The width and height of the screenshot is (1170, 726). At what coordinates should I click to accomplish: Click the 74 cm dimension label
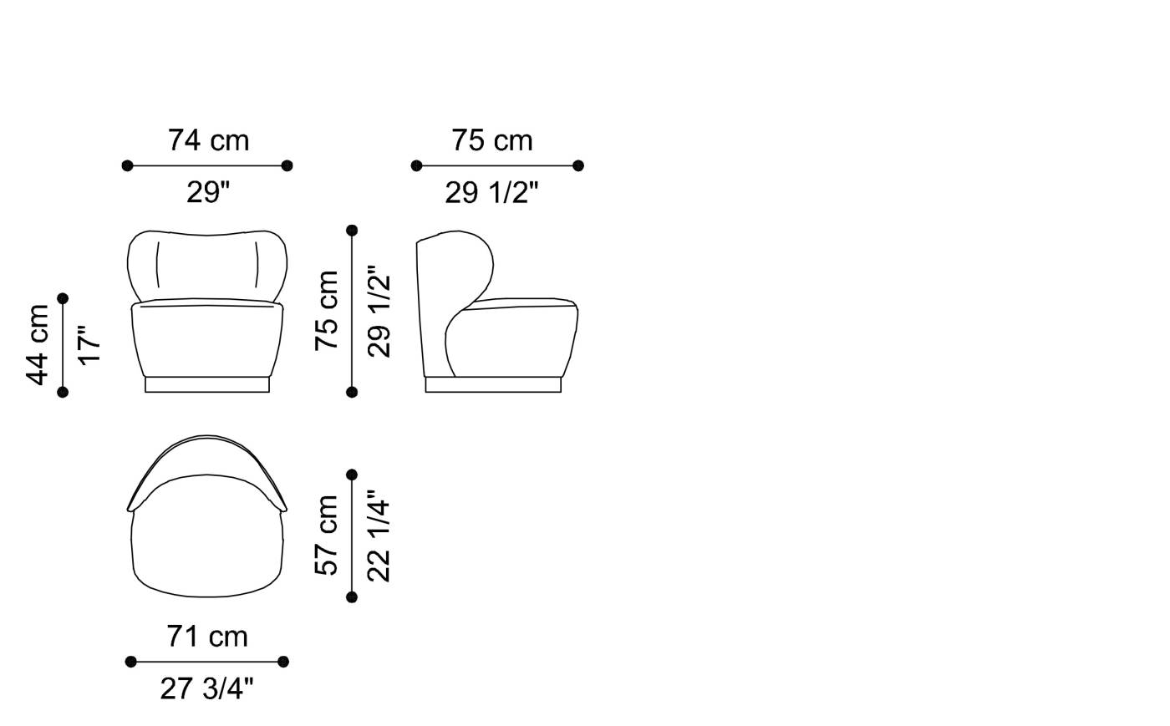[208, 140]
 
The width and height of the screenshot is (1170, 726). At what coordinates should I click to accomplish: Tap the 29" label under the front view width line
[208, 192]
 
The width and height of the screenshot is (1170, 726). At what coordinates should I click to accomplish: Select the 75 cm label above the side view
[492, 140]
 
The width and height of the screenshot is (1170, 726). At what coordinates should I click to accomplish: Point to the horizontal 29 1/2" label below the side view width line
[491, 192]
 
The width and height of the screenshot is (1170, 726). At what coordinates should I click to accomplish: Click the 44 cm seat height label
[37, 345]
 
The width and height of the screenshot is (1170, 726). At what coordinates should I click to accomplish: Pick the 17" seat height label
[89, 345]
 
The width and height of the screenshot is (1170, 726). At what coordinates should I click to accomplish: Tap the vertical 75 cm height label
[327, 311]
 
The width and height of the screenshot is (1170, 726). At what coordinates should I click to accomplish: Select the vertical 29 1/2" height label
[379, 312]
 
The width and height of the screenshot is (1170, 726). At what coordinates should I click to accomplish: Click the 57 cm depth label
[327, 536]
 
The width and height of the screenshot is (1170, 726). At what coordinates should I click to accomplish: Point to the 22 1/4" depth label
[379, 536]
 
